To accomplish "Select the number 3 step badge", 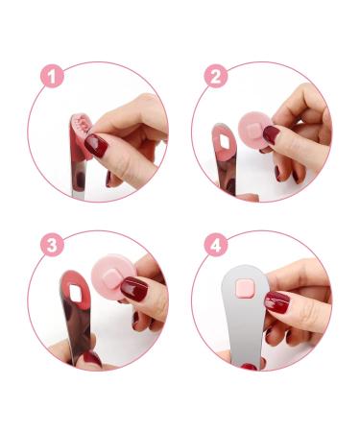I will coord(53,244).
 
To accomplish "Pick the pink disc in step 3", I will coord(112,283).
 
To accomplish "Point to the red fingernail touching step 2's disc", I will coord(271,135).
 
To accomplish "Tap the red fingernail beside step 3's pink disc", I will coord(134,289).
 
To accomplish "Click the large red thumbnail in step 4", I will coord(276,303).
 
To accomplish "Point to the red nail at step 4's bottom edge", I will coord(249,366).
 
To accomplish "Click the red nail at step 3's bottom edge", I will coord(91,358).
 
